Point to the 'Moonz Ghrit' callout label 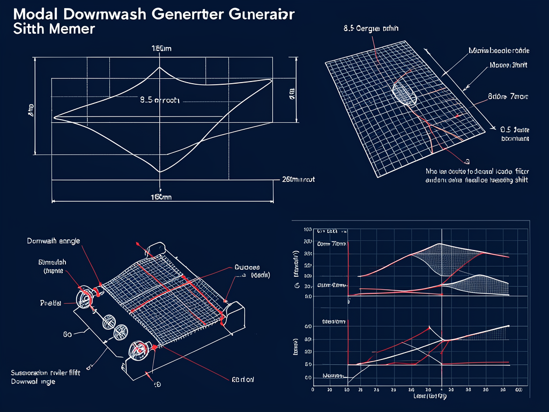click(x=508, y=66)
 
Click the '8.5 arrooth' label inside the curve click(x=160, y=100)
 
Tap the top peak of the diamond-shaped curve click(x=159, y=68)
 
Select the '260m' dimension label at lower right click(x=298, y=180)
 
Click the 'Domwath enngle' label click(x=54, y=241)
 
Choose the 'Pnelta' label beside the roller click(x=51, y=303)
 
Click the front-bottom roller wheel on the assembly click(x=138, y=351)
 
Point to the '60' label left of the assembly click(x=68, y=334)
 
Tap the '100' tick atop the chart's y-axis click(x=308, y=230)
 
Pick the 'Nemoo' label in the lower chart click(x=332, y=376)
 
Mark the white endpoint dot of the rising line click(x=508, y=326)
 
